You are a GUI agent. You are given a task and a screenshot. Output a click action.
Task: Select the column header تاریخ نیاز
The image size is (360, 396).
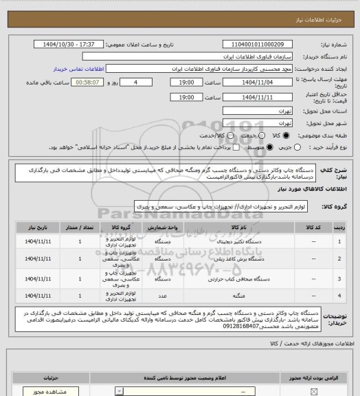click(x=39, y=226)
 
